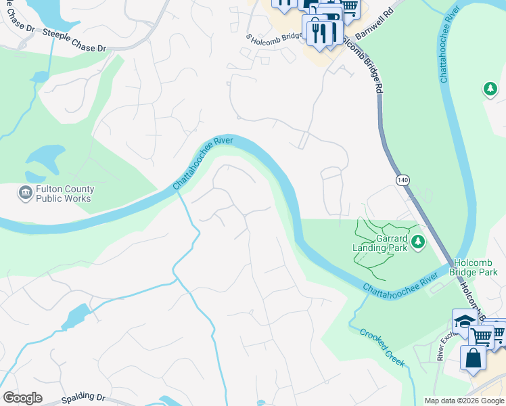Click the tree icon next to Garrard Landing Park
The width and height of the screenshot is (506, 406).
click(x=418, y=241)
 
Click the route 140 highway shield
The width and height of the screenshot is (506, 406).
click(x=402, y=180)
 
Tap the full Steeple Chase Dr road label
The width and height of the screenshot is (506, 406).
click(x=74, y=40)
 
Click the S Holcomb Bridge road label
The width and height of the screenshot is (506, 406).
click(x=274, y=37)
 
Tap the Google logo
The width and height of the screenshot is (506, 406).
click(x=22, y=398)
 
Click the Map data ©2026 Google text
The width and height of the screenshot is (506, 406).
click(x=463, y=401)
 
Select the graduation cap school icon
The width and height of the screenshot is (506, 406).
click(x=465, y=322)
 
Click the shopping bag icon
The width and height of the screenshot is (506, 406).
click(x=473, y=357)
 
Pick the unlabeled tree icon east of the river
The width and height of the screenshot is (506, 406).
click(x=489, y=89)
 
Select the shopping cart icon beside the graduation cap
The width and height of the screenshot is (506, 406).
click(x=482, y=335)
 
